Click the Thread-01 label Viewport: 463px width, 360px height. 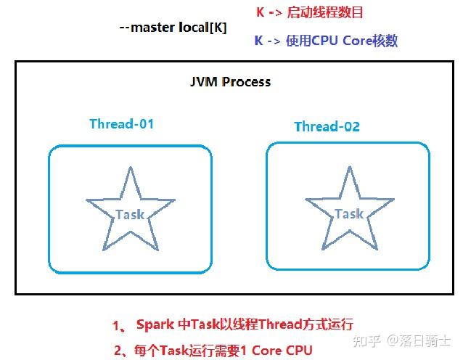(x=122, y=123)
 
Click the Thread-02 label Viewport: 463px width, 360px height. (x=327, y=126)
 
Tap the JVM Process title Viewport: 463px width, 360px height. (x=230, y=82)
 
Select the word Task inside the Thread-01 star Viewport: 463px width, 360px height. (x=130, y=214)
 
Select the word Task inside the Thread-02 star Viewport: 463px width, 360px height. (x=349, y=213)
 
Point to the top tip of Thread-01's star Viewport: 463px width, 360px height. (x=131, y=167)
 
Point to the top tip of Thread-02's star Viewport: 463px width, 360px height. (x=350, y=166)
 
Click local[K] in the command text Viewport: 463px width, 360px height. (x=203, y=28)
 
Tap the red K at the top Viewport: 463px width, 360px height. (x=260, y=12)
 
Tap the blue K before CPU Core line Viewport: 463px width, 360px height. (x=258, y=41)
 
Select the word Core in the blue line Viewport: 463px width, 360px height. (x=357, y=41)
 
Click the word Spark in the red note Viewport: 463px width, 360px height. (x=155, y=324)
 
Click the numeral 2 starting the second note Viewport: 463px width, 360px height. (x=118, y=351)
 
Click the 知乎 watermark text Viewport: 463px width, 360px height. (x=366, y=341)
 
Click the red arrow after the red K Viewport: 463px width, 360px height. (x=275, y=13)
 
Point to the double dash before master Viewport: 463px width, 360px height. (x=124, y=28)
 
